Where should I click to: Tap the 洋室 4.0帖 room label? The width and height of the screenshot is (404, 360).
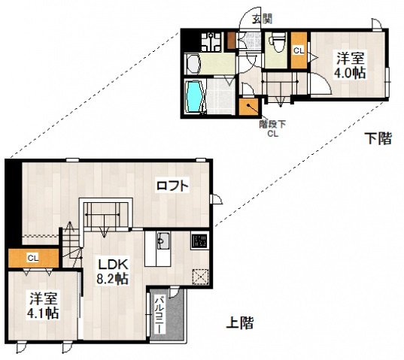tap(350, 64)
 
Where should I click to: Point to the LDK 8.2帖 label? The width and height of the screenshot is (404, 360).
tap(111, 271)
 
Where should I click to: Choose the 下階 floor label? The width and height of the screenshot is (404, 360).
tap(378, 138)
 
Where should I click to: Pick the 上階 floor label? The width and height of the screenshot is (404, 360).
tap(239, 325)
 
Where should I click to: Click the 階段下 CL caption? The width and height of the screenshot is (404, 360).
tap(270, 129)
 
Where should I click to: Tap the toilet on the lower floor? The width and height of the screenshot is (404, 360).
tap(276, 41)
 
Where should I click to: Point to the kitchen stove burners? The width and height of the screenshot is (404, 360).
tap(199, 241)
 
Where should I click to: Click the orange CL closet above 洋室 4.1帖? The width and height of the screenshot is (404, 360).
tap(33, 258)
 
